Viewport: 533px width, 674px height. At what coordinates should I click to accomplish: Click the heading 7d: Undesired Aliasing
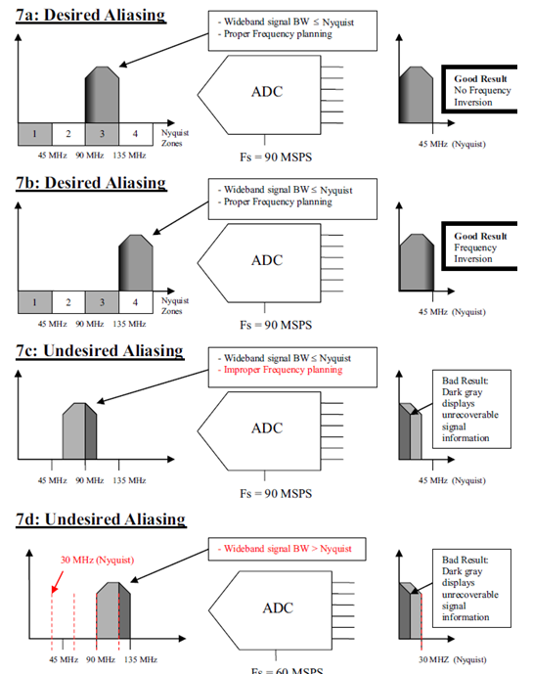click(x=97, y=518)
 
